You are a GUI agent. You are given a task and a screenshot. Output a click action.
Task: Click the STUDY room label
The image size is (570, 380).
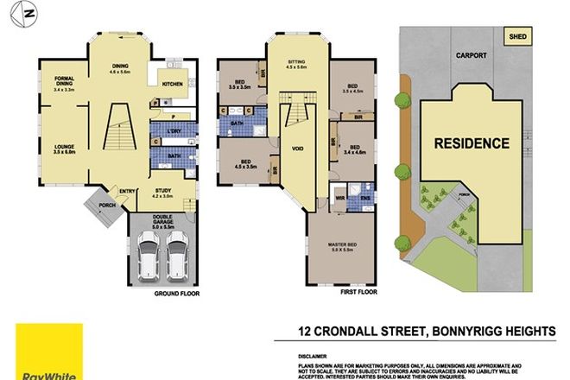pos(163,192)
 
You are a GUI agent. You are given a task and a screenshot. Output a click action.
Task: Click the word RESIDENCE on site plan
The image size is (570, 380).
pos(471,142)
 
